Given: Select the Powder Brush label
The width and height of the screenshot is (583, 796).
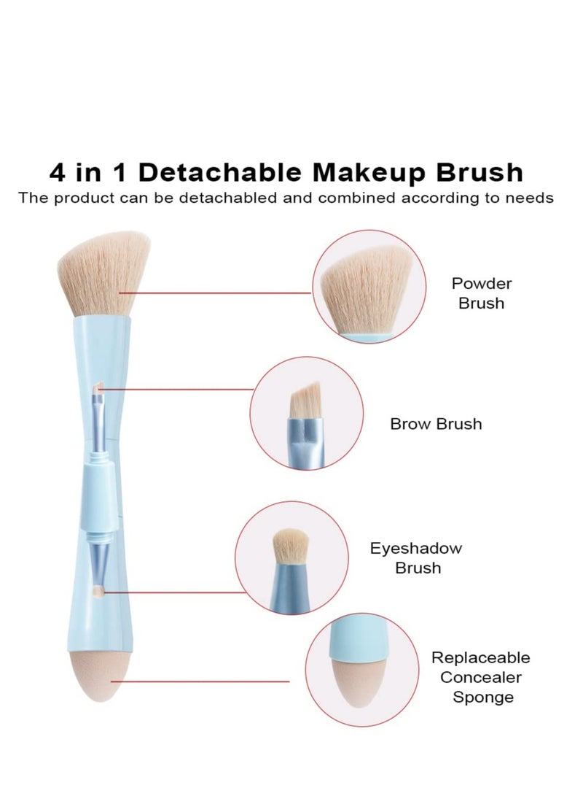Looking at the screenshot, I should (481, 293).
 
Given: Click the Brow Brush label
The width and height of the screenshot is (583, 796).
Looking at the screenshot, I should (436, 424).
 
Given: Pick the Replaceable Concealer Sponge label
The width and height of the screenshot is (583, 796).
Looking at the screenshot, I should (481, 677).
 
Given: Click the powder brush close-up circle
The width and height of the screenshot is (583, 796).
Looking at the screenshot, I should (362, 285).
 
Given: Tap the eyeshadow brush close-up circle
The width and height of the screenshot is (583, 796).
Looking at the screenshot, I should (284, 558).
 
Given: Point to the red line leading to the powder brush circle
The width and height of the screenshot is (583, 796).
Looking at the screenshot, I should (219, 293).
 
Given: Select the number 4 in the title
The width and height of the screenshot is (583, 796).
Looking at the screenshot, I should (60, 173).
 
